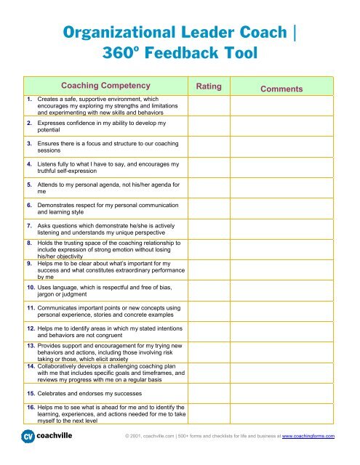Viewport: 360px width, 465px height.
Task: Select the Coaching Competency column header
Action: point(106,85)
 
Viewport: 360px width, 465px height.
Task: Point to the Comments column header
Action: point(283,89)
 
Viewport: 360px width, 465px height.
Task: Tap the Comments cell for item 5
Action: point(284,190)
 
